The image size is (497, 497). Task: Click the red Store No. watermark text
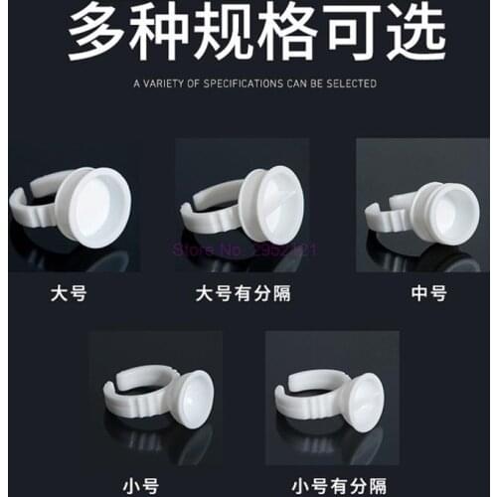[245, 249]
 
